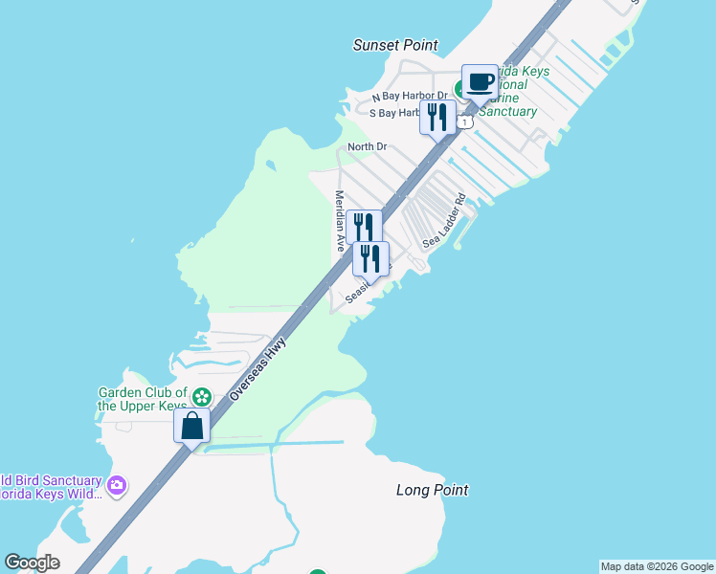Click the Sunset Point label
[x=395, y=45]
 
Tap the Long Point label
[x=433, y=490]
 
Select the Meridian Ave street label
[x=339, y=221]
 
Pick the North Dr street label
[x=367, y=146]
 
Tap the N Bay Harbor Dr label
[x=410, y=96]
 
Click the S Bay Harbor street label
[x=394, y=113]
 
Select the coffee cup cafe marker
[x=481, y=81]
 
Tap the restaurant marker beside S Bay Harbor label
[x=437, y=118]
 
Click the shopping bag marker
[x=191, y=426]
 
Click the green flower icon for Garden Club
[x=201, y=396]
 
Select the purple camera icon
[x=117, y=486]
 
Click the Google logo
[x=32, y=563]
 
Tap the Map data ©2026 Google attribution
[x=658, y=566]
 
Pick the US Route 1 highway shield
[x=464, y=122]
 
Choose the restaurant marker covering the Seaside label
[x=370, y=258]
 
